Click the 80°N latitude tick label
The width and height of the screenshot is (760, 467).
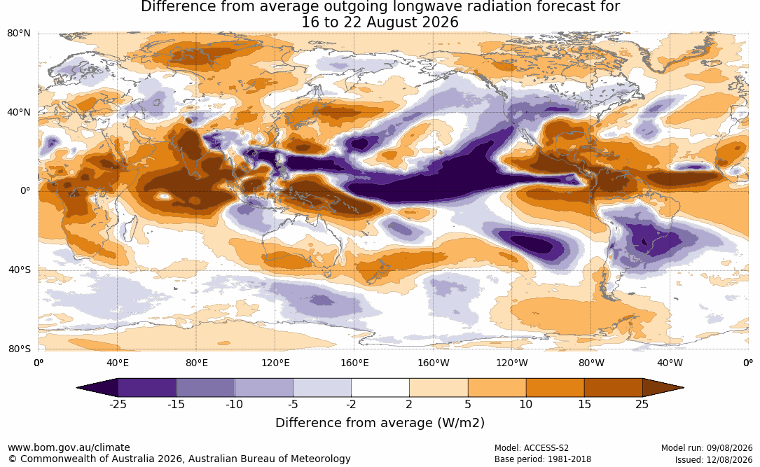click(x=18, y=33)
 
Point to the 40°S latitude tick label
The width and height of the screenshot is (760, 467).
click(x=20, y=270)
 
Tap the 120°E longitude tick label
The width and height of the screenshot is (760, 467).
click(x=275, y=363)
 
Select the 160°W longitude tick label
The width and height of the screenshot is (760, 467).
click(x=434, y=363)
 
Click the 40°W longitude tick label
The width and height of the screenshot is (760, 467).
click(x=670, y=363)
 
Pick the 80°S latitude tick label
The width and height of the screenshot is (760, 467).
click(x=20, y=348)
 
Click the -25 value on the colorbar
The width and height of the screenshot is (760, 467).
click(x=117, y=404)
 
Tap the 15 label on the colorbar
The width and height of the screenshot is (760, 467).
click(x=584, y=404)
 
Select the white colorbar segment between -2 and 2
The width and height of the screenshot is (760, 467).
click(x=380, y=388)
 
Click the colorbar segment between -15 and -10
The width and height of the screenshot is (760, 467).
click(x=205, y=388)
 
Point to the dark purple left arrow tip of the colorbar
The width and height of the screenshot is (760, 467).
click(x=78, y=388)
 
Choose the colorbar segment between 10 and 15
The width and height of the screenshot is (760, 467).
click(x=555, y=388)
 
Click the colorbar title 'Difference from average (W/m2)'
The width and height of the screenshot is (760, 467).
click(x=380, y=422)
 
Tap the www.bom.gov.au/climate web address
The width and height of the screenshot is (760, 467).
click(x=69, y=447)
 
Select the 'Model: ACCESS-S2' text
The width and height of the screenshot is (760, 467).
click(x=531, y=448)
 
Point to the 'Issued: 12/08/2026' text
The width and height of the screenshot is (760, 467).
click(x=714, y=459)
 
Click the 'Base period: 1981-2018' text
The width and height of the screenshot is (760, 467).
click(x=542, y=459)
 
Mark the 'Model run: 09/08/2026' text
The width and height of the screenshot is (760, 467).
click(x=707, y=448)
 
